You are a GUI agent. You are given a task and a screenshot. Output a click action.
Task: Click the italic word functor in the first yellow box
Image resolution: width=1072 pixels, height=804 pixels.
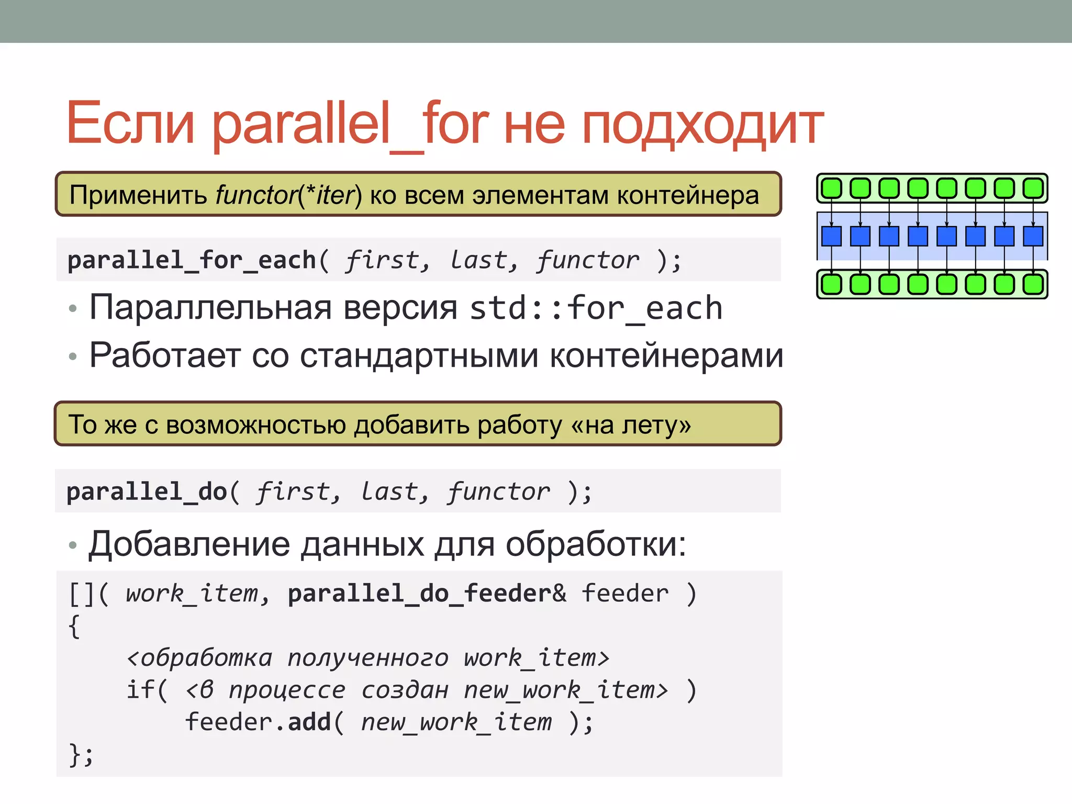(256, 195)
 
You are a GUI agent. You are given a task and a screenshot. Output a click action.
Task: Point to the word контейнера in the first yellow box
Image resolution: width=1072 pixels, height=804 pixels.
(688, 195)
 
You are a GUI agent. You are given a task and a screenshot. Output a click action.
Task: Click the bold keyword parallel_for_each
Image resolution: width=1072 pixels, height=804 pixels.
(192, 260)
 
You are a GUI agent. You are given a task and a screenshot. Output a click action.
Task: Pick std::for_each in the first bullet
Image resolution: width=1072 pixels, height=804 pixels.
(596, 308)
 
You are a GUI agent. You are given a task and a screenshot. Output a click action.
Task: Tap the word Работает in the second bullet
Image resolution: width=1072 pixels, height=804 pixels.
(164, 355)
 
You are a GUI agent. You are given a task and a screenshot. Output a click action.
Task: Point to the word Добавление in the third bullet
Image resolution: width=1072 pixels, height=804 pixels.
(188, 544)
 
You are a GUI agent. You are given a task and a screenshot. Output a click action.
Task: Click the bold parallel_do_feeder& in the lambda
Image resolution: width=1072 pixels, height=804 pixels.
(427, 594)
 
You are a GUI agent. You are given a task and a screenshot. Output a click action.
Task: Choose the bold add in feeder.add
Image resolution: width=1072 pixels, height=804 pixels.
(309, 722)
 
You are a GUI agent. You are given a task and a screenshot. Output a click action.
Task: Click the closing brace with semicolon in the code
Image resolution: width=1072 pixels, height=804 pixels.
(81, 755)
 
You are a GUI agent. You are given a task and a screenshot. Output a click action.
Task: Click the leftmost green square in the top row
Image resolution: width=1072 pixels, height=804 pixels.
(831, 188)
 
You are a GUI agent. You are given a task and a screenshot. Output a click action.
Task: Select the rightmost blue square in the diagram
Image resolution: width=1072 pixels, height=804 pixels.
(1033, 236)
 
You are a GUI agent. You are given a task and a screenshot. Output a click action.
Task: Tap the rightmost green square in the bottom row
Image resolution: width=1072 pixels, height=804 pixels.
(1033, 284)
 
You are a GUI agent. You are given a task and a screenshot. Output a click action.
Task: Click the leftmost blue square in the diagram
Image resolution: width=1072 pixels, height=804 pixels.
(831, 236)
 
